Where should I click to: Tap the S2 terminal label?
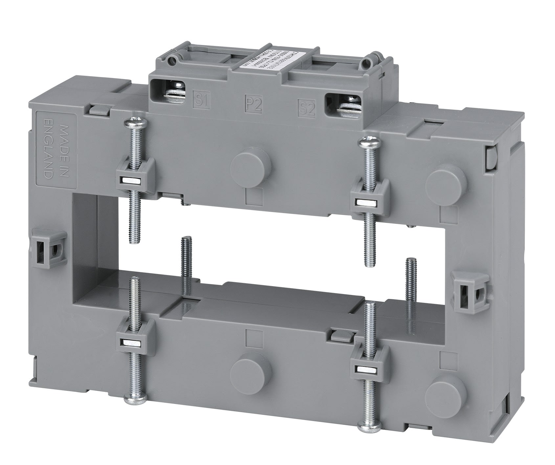(x=306, y=109)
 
